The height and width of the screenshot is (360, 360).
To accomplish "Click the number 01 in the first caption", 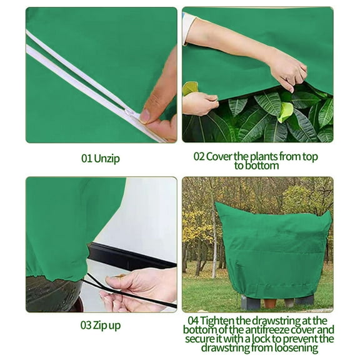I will (87, 159).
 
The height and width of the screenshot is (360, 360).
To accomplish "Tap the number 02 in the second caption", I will (200, 156).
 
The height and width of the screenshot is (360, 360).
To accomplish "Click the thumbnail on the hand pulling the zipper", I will (146, 115).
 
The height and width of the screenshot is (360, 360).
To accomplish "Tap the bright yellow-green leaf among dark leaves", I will (286, 112).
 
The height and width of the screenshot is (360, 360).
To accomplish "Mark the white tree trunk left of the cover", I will (214, 250).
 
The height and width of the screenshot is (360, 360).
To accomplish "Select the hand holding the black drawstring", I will (134, 290).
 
